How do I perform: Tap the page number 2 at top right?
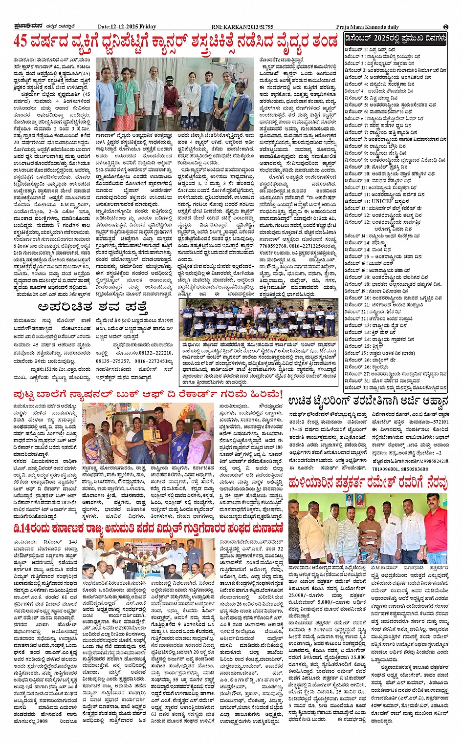pyautogui.click(x=445, y=27)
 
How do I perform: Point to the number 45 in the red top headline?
pyautogui.click(x=20, y=42)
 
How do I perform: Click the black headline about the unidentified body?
pyautogui.click(x=92, y=307)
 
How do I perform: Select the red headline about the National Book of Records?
pyautogui.click(x=148, y=393)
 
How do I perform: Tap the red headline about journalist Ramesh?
pyautogui.click(x=368, y=483)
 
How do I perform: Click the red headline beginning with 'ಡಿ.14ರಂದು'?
pyautogui.click(x=148, y=529)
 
